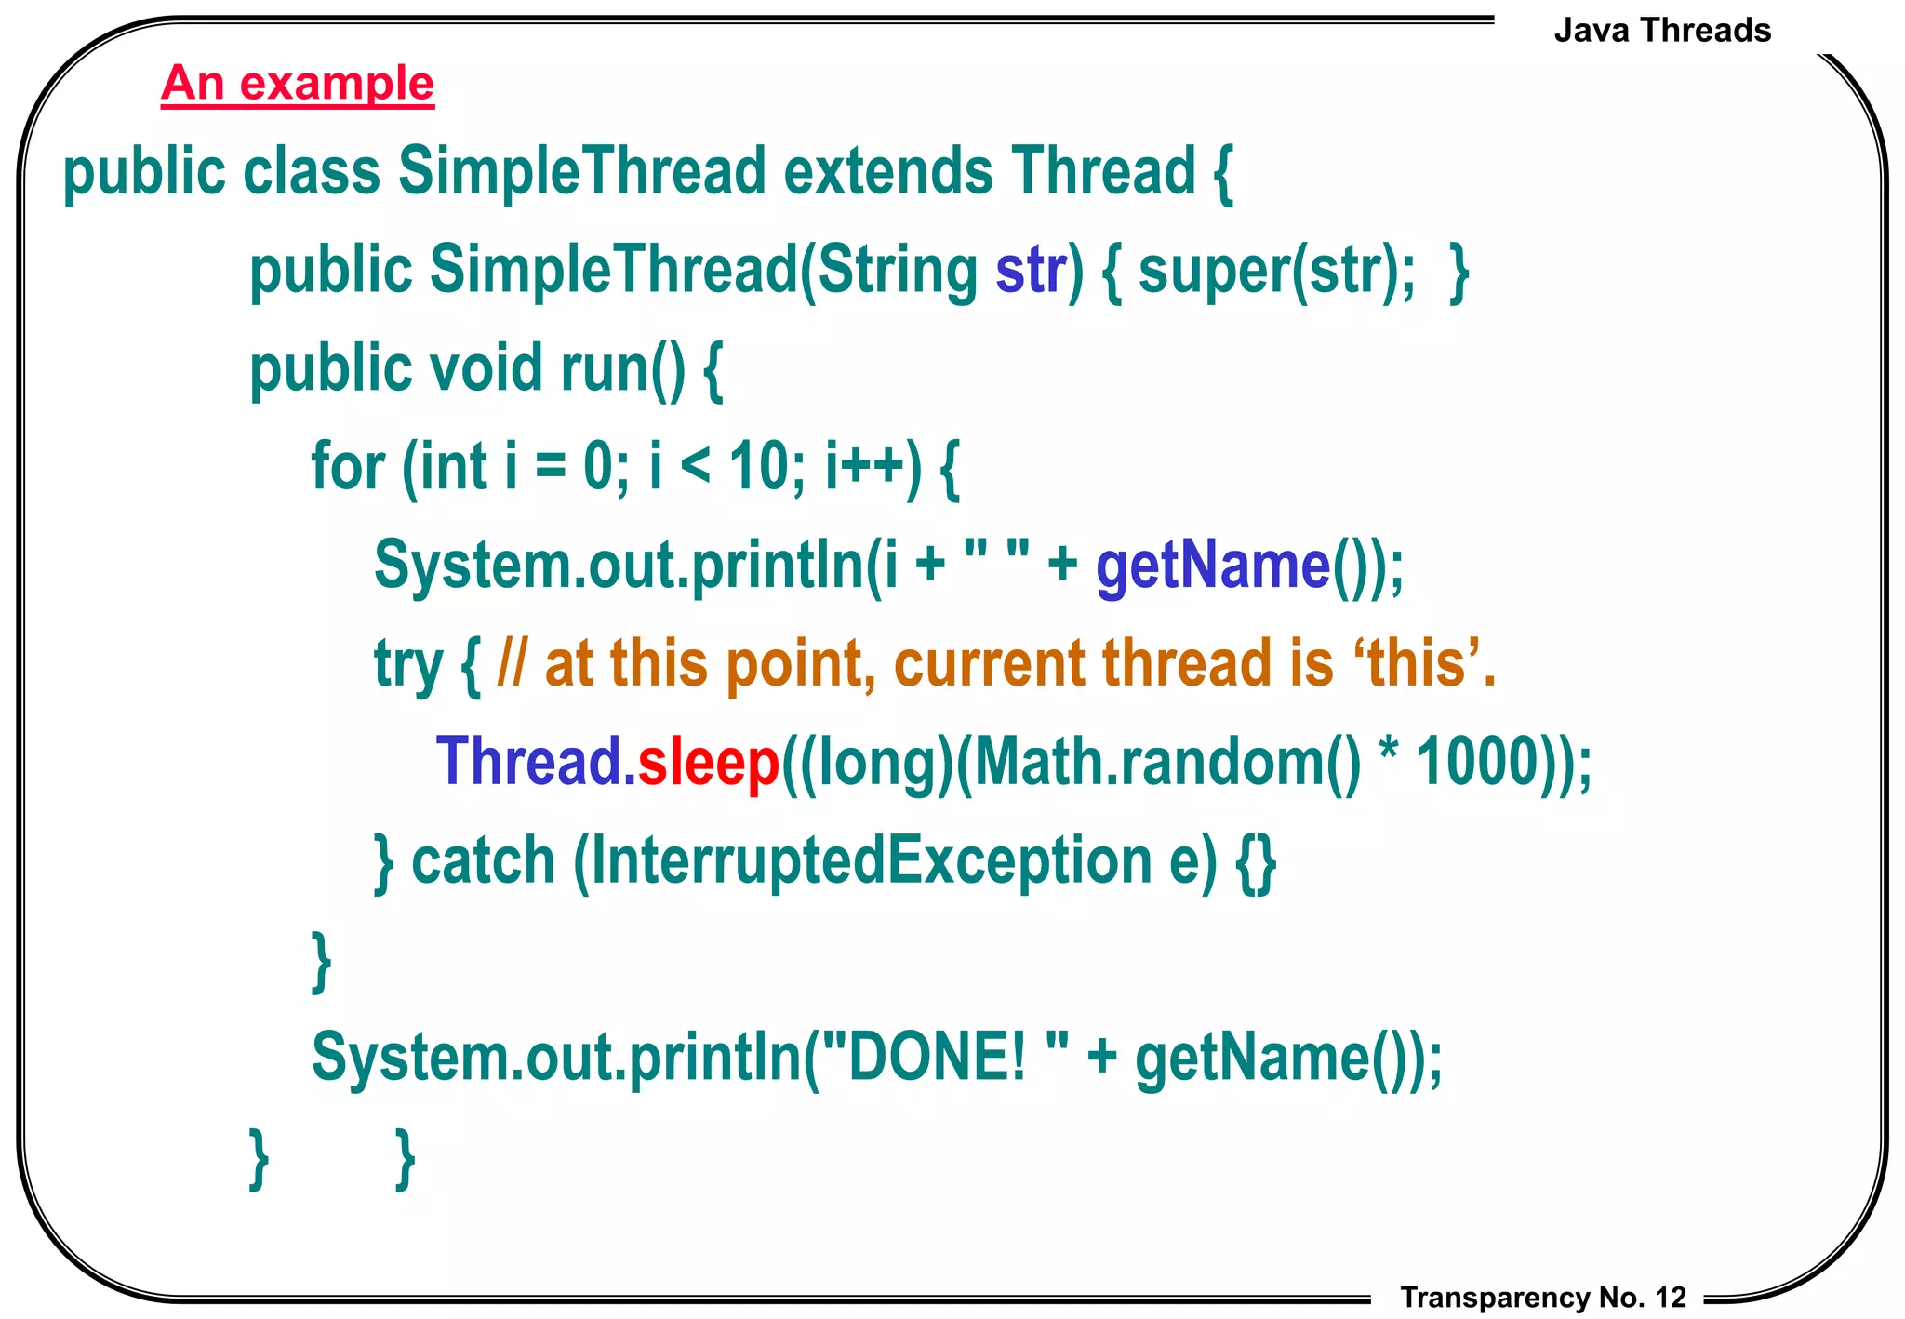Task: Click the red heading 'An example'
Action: pos(298,84)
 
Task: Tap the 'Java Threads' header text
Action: pos(1662,31)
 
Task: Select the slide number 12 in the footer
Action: pos(1671,1298)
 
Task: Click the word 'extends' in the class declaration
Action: pos(888,172)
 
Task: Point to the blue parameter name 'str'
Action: pos(1031,271)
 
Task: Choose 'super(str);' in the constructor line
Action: pos(1277,271)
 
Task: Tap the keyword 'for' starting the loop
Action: pos(347,466)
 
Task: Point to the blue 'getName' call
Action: pos(1213,566)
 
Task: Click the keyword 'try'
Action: pos(408,664)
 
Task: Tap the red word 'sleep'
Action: pos(708,763)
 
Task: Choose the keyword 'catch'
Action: pos(483,860)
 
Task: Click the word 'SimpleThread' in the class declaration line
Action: pos(582,172)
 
